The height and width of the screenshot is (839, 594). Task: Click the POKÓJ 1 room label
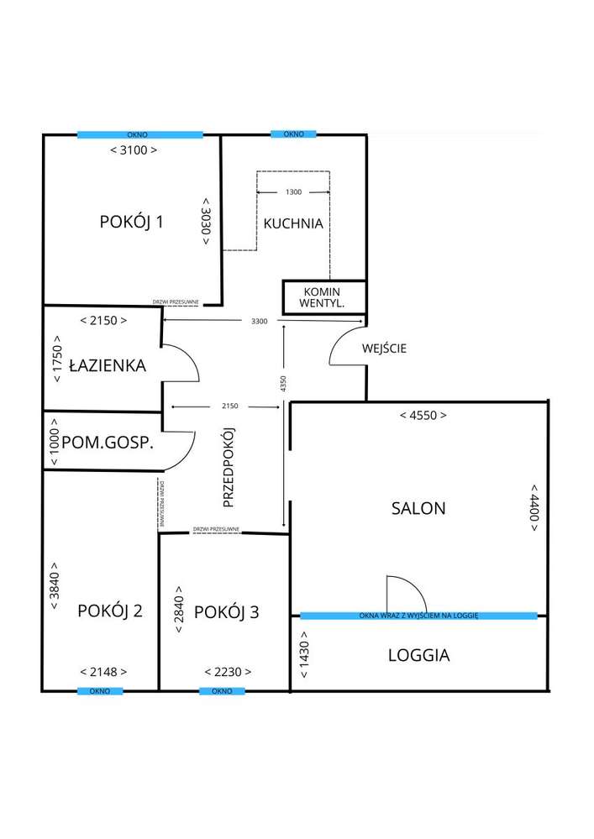click(131, 222)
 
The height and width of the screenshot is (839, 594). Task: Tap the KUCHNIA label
click(293, 223)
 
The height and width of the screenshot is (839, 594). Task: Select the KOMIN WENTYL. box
click(323, 297)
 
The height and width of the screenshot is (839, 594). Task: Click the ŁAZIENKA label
click(108, 365)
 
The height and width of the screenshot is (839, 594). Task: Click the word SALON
click(418, 507)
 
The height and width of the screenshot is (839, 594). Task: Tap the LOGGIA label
click(418, 654)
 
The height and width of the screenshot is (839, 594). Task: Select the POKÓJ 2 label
click(109, 611)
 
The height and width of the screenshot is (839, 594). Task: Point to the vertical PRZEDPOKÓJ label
click(227, 467)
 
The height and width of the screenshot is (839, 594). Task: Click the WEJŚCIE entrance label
click(384, 349)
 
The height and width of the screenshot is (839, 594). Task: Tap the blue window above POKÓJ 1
click(139, 134)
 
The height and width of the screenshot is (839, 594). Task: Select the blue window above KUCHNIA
click(292, 134)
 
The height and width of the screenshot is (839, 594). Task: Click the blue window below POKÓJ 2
click(100, 690)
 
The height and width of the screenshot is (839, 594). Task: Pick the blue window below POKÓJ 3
click(222, 690)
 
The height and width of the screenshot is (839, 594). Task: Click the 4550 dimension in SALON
click(423, 415)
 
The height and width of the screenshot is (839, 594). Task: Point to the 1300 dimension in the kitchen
click(293, 192)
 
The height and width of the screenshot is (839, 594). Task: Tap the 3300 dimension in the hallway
click(261, 321)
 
